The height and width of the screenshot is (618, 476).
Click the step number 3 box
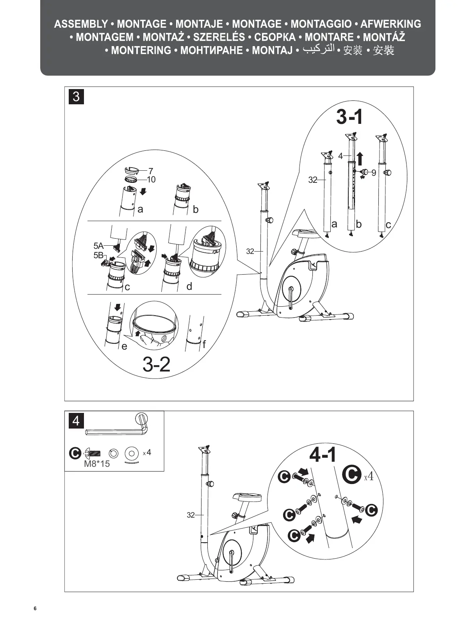(76, 96)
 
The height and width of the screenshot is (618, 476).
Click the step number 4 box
(76, 421)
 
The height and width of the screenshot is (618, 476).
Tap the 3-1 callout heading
(349, 117)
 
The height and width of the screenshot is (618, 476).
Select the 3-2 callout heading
(157, 364)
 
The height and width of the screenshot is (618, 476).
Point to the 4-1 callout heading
(323, 455)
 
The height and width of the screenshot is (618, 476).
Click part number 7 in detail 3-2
(151, 171)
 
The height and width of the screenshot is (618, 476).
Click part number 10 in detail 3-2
(151, 179)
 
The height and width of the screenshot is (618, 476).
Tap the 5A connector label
(98, 246)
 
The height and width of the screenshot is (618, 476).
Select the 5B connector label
(98, 255)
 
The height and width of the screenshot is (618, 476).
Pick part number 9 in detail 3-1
(374, 172)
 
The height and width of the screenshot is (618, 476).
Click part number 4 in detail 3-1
(340, 156)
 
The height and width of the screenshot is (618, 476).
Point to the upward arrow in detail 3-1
(360, 159)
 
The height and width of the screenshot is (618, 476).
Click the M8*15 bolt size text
(97, 464)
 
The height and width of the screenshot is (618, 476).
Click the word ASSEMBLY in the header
(81, 24)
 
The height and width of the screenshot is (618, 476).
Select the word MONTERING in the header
(141, 50)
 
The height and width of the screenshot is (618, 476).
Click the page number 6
(35, 608)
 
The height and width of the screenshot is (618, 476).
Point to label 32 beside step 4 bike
(191, 515)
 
